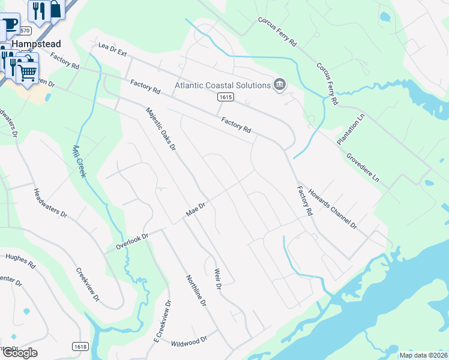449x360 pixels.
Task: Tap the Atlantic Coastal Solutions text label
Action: coord(222,85)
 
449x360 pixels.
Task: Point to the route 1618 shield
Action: coord(79,346)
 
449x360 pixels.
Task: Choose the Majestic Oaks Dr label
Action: coord(160,128)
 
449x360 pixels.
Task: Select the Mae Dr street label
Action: coord(196,209)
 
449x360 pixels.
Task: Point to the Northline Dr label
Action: coord(196,291)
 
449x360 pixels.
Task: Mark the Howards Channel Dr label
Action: coord(333,210)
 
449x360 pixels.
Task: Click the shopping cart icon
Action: coord(26,73)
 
